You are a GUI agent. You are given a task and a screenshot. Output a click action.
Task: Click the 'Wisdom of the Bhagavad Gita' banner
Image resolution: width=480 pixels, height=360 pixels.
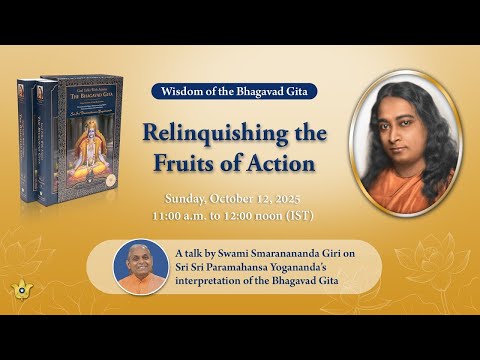click(235, 91)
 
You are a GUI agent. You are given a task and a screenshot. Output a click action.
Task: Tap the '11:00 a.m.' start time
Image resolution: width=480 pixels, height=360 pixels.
click(179, 215)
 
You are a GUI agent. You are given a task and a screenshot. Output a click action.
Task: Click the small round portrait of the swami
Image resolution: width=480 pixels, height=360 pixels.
click(141, 267)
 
